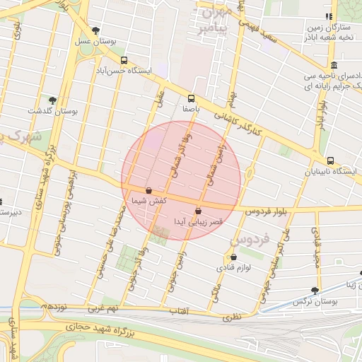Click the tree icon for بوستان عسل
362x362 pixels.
(95, 30)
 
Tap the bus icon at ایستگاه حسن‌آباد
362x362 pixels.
(124, 61)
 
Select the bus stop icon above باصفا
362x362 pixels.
(191, 98)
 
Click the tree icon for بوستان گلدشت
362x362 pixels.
(52, 100)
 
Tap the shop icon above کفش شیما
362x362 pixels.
(148, 190)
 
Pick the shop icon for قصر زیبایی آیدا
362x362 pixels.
(198, 210)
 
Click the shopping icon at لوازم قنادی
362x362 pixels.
(233, 257)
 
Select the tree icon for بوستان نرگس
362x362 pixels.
(315, 290)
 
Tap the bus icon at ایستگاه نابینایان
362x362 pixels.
(331, 160)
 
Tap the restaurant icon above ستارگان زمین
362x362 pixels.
(328, 16)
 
